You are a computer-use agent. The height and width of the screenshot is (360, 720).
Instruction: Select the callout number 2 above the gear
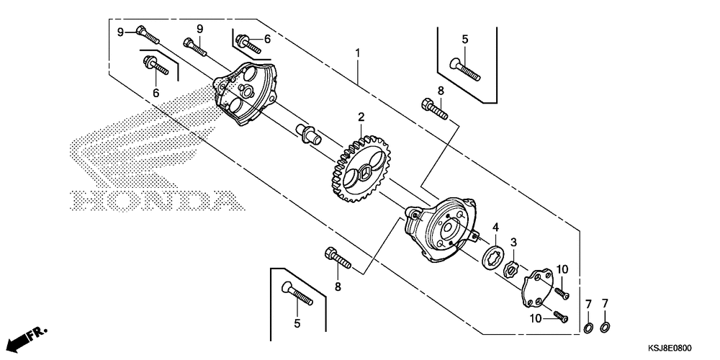pyautogui.click(x=361, y=117)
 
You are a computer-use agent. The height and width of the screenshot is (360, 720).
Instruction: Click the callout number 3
pyautogui.click(x=514, y=242)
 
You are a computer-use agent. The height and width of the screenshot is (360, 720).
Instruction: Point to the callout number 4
pyautogui.click(x=495, y=228)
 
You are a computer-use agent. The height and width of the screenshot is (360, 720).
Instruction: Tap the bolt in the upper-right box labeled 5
pyautogui.click(x=465, y=69)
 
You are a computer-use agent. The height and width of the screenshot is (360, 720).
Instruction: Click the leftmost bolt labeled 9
pyautogui.click(x=145, y=34)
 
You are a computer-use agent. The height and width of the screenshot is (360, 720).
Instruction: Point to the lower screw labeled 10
pyautogui.click(x=560, y=316)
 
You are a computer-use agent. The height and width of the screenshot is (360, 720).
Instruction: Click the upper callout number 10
pyautogui.click(x=562, y=269)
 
